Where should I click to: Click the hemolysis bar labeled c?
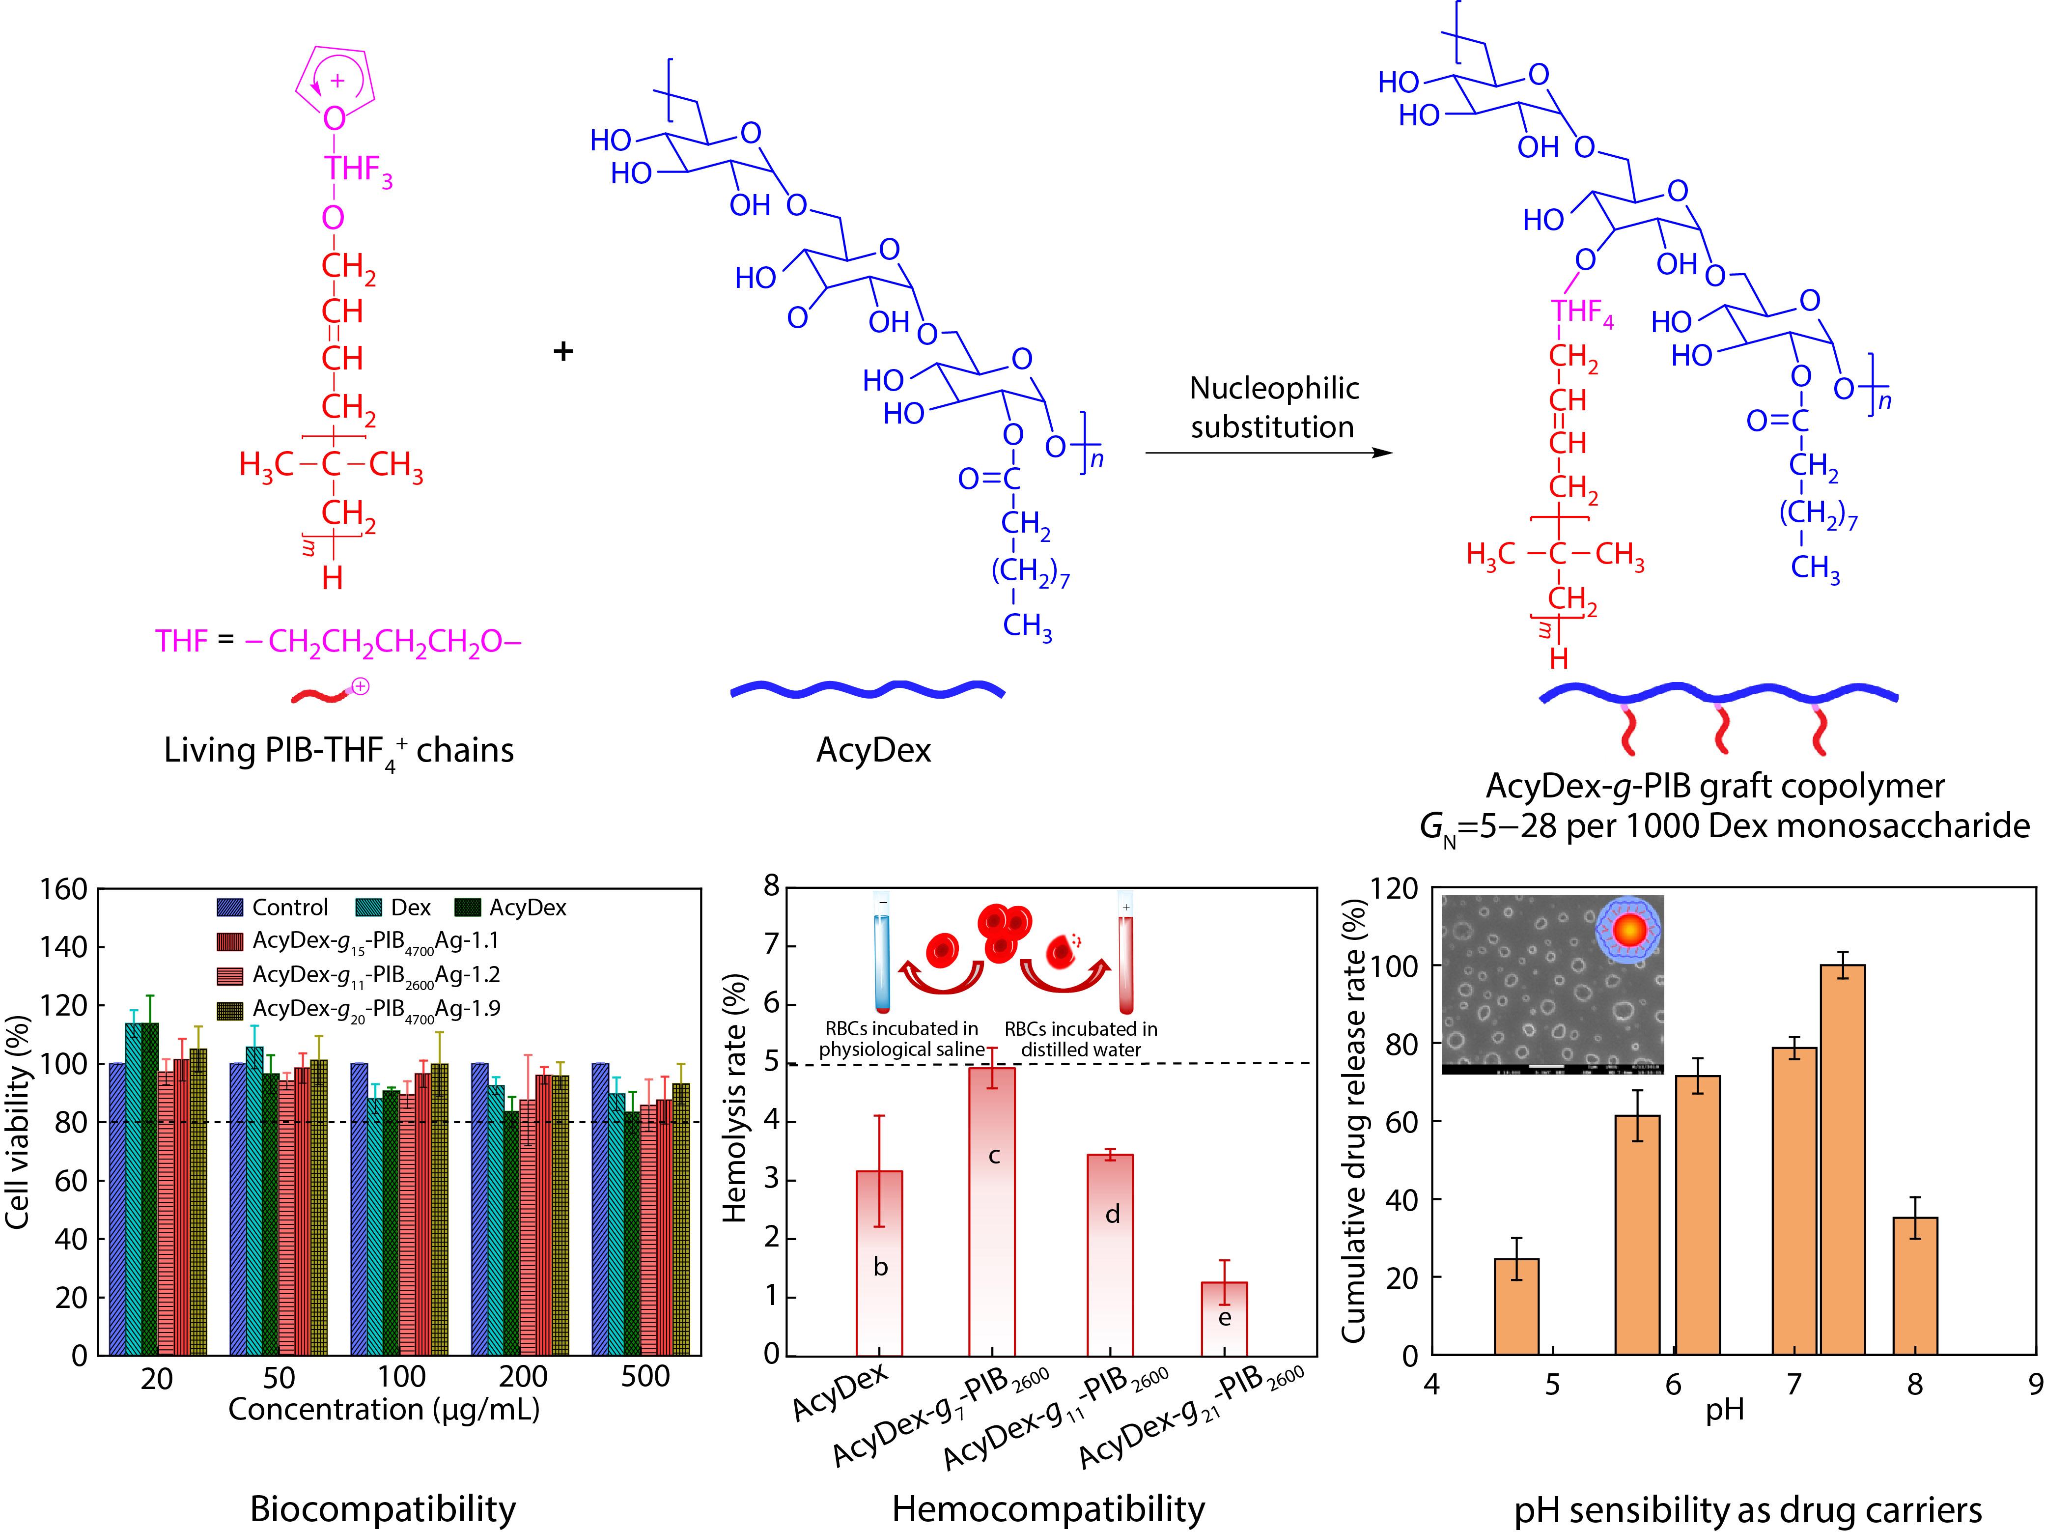click(991, 1211)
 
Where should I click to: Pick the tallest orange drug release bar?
click(1843, 1161)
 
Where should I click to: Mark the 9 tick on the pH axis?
click(2034, 1384)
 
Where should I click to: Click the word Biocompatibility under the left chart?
click(383, 1509)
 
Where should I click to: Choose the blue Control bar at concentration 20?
click(117, 1209)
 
